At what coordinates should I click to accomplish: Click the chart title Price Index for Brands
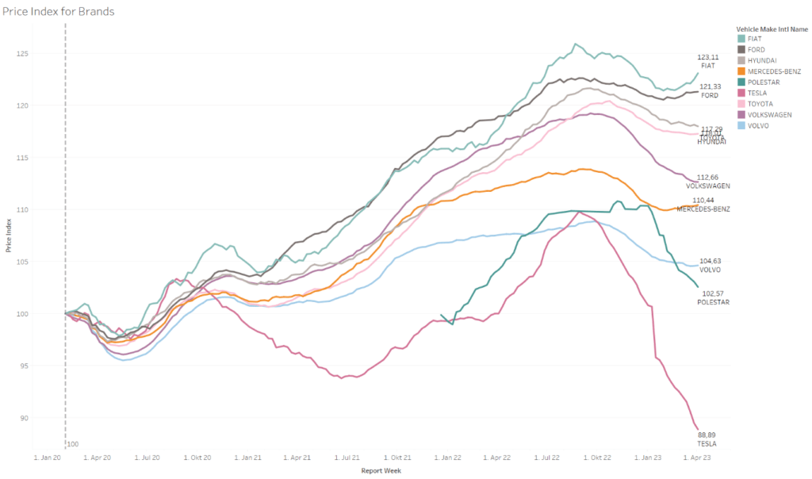(x=59, y=11)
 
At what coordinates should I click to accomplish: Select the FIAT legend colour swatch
(x=741, y=38)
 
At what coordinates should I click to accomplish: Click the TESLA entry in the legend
(x=757, y=93)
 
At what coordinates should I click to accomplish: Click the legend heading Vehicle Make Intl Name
(x=772, y=29)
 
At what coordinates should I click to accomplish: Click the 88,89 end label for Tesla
(x=707, y=435)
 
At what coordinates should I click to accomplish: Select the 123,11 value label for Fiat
(x=708, y=57)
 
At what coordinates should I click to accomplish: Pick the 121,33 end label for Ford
(x=709, y=86)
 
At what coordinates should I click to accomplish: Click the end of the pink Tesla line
(x=697, y=428)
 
